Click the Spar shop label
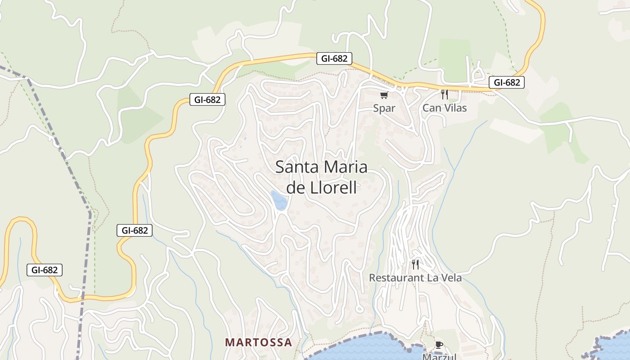[384, 108]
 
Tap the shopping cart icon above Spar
[384, 95]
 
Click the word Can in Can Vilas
[431, 108]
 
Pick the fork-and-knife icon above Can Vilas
[445, 94]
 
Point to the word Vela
[450, 278]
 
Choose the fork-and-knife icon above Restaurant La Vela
[415, 264]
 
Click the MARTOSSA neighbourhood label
[258, 342]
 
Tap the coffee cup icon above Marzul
[439, 345]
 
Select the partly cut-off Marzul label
[439, 356]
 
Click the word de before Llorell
[296, 187]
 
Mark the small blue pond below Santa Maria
[279, 200]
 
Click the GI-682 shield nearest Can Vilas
[507, 82]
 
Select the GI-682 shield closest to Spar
[334, 58]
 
